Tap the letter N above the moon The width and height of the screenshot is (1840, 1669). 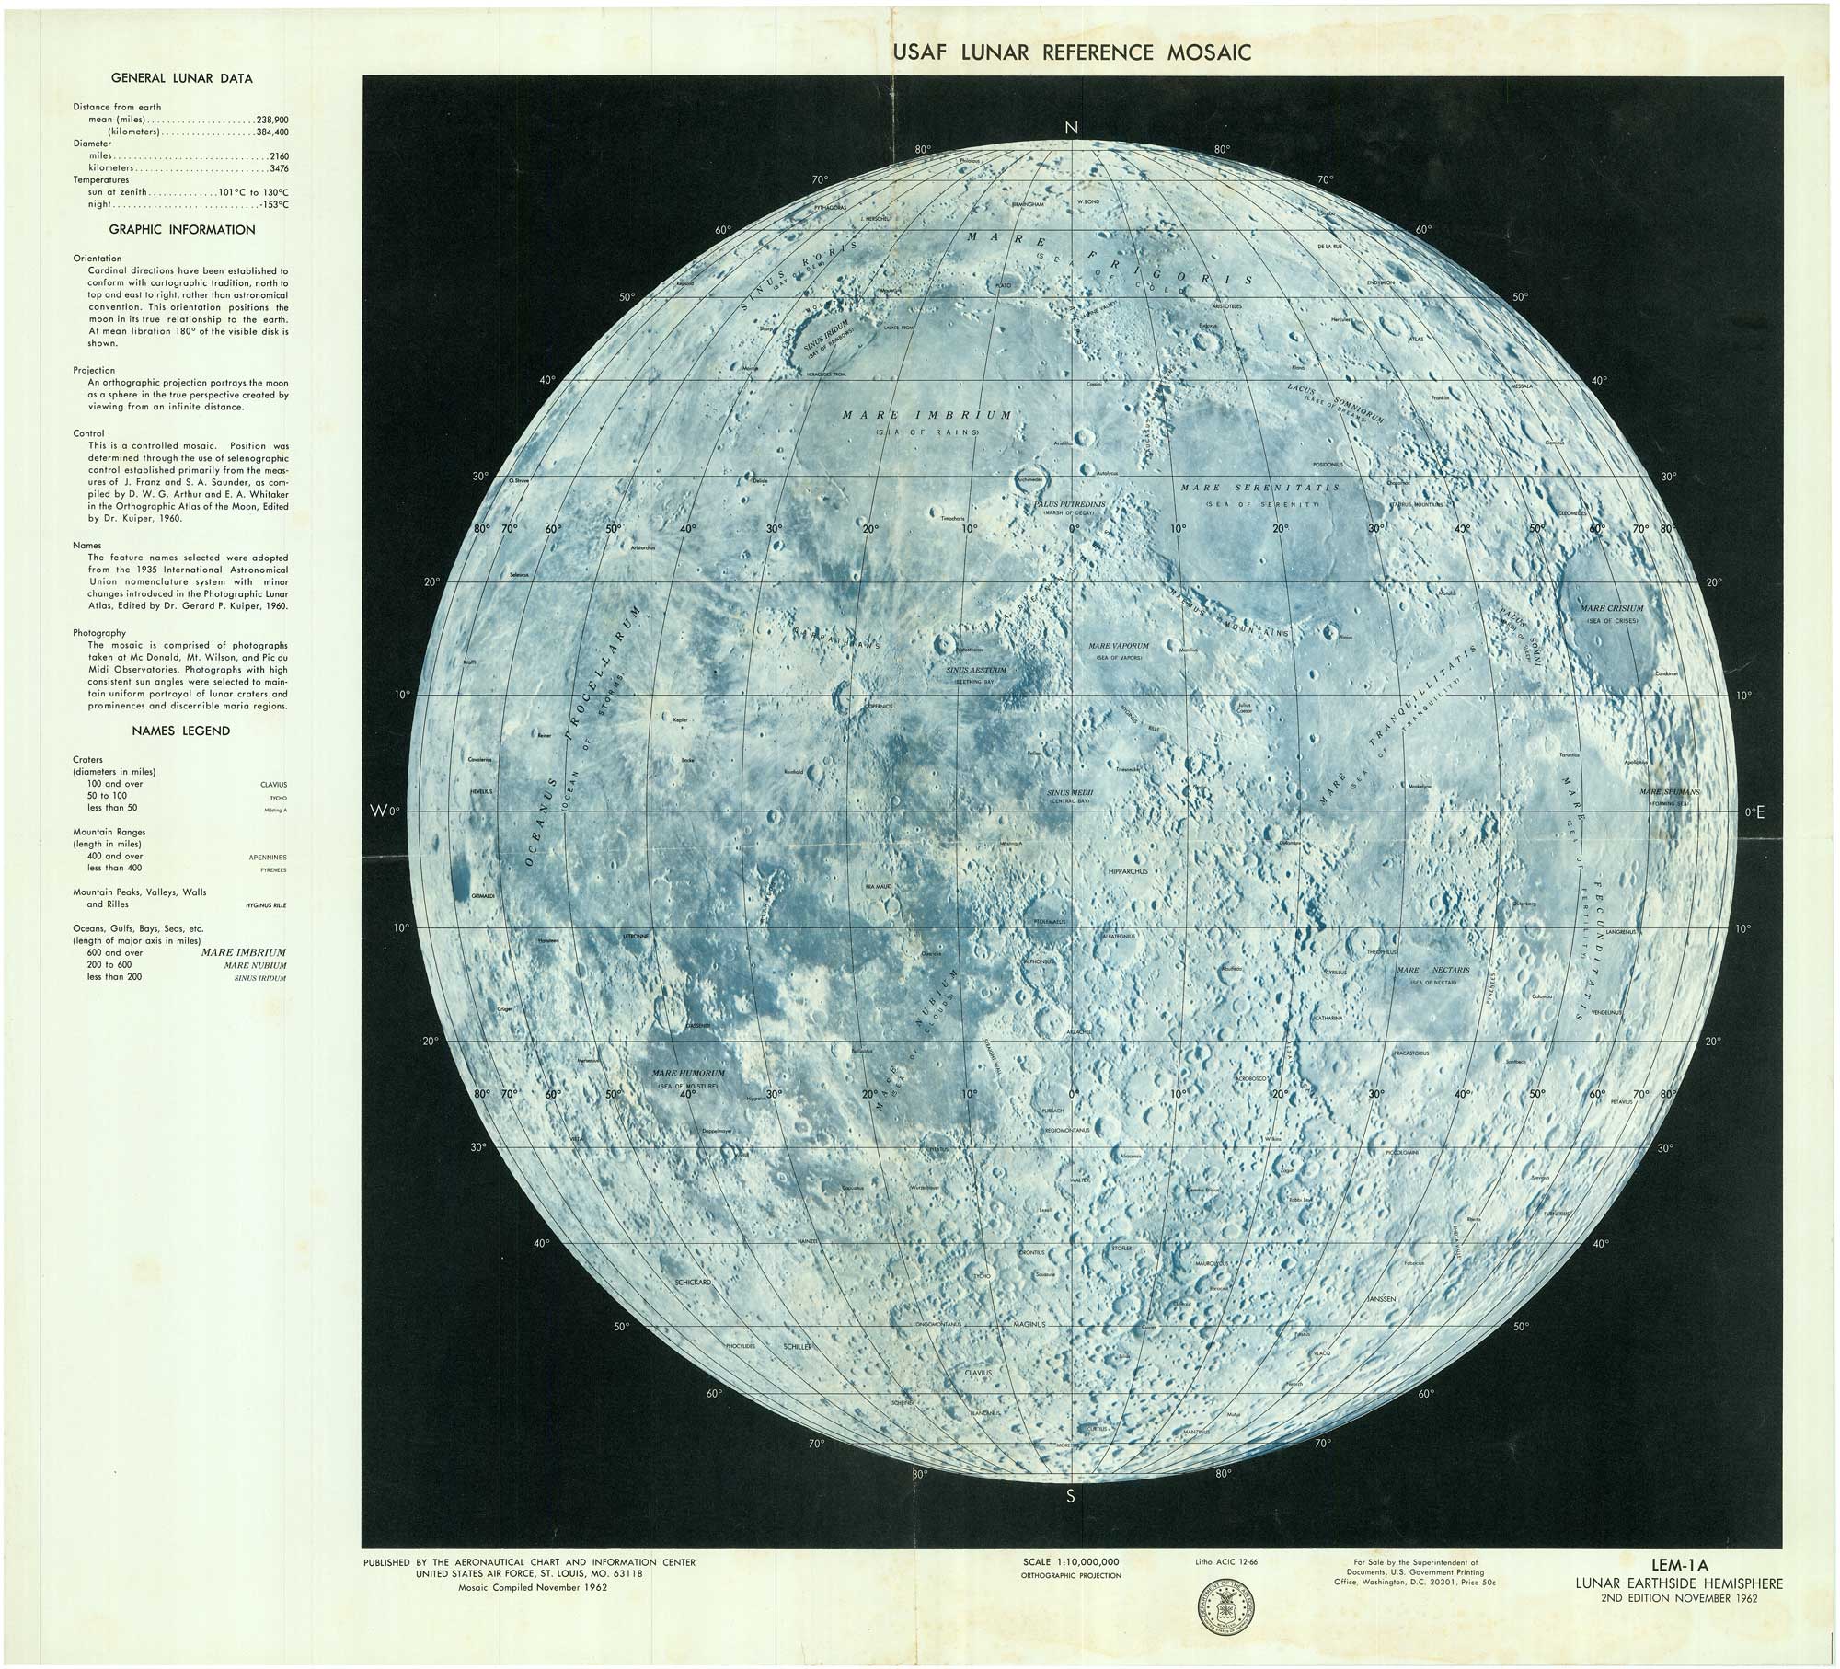[x=1071, y=128]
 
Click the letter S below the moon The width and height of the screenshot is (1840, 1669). [x=1070, y=1496]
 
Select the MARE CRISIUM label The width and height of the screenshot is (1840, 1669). [x=1611, y=609]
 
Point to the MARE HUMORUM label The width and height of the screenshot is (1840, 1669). [x=688, y=1074]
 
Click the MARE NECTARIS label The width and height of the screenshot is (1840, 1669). [x=1432, y=971]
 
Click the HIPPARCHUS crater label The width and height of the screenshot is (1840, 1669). [x=1129, y=870]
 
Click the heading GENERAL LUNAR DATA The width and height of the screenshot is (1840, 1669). [x=180, y=78]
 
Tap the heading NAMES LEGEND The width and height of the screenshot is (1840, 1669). [x=180, y=731]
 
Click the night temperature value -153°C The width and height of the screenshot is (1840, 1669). [x=274, y=205]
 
